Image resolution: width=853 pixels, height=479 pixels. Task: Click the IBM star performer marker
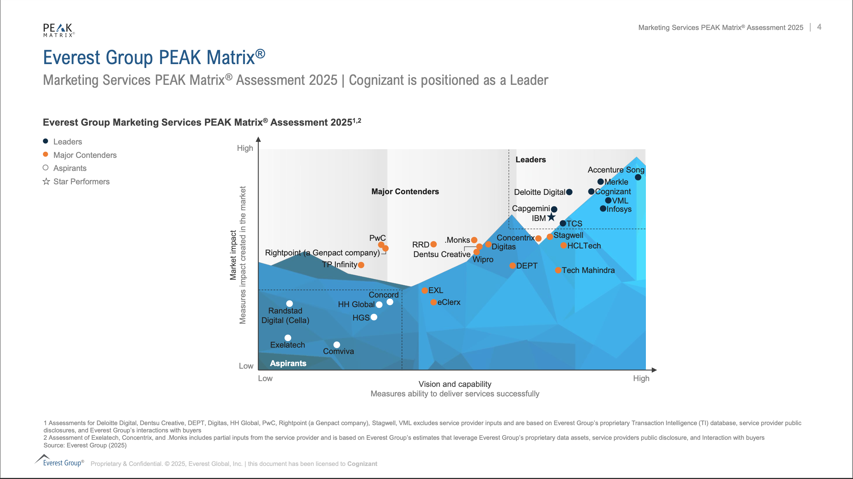551,217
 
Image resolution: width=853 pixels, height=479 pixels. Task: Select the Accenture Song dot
638,177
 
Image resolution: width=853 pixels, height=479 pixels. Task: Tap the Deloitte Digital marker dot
569,192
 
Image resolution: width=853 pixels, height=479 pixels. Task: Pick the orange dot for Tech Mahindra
558,270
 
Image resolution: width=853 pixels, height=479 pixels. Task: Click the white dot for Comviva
337,345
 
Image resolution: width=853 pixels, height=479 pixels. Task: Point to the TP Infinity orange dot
361,265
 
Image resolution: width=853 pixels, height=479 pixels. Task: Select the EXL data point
425,291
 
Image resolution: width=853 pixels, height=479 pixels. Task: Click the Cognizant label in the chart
613,192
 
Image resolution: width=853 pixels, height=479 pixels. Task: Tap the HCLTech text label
584,246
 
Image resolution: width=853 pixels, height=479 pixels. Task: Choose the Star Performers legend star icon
46,181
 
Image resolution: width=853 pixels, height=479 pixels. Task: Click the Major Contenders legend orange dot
46,154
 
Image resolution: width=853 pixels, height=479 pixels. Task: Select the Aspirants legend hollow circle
46,168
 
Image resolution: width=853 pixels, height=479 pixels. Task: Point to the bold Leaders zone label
531,160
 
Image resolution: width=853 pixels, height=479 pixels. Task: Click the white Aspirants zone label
288,363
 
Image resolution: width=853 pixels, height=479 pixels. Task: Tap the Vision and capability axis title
455,384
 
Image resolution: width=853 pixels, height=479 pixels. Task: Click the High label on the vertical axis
245,148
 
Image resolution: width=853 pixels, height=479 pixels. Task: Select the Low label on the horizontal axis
265,379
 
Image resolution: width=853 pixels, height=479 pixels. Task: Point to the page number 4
819,27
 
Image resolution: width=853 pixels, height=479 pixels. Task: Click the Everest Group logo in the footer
60,461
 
